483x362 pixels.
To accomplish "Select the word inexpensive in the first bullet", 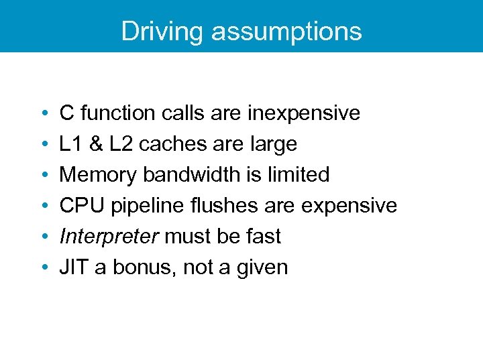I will point(303,113).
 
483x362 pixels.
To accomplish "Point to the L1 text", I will point(70,144).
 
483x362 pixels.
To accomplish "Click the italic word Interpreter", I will point(109,237).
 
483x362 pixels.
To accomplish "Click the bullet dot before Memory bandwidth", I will point(43,176).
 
